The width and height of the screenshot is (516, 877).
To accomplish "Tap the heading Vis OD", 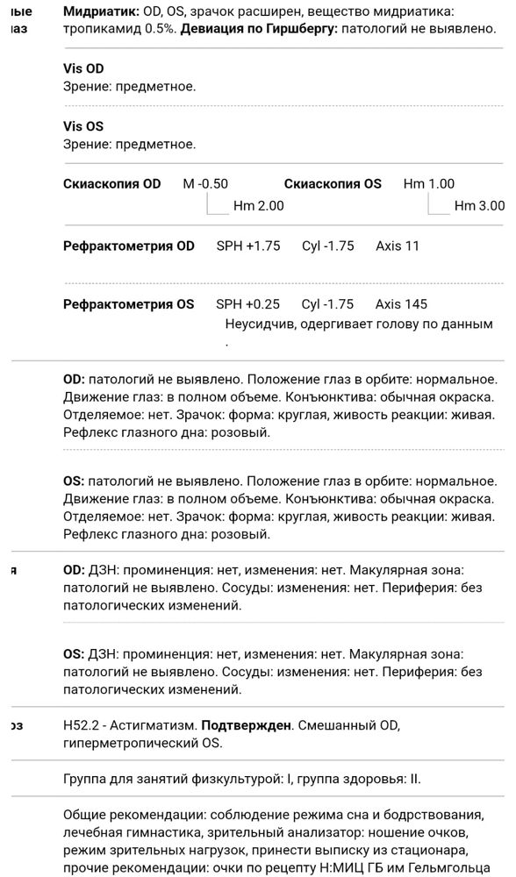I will pyautogui.click(x=83, y=68).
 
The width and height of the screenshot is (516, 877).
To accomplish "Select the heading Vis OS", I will pyautogui.click(x=83, y=126).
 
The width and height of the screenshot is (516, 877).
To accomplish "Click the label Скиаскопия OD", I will pyautogui.click(x=112, y=184).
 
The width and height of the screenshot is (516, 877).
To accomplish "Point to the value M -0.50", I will pyautogui.click(x=205, y=184).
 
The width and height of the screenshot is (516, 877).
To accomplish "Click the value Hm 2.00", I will pyautogui.click(x=258, y=206).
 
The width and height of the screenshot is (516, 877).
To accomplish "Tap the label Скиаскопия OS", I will pyautogui.click(x=333, y=184).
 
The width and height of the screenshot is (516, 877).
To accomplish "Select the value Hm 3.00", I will pyautogui.click(x=479, y=206).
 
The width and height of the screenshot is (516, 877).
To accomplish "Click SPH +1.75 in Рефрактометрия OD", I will pyautogui.click(x=248, y=246).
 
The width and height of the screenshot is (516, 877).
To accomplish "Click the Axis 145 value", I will pyautogui.click(x=401, y=304).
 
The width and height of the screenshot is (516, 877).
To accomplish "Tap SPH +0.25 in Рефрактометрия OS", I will pyautogui.click(x=247, y=304).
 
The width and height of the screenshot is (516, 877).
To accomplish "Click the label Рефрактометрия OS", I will pyautogui.click(x=129, y=304).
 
